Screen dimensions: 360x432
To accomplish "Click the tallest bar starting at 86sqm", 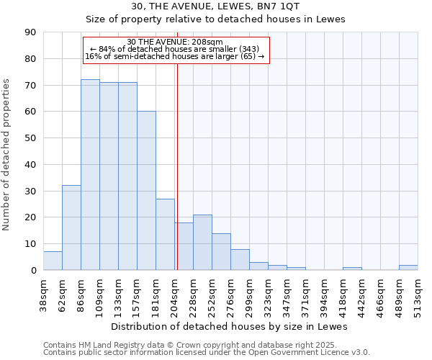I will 90,175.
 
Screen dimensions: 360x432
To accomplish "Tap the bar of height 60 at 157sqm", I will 146,191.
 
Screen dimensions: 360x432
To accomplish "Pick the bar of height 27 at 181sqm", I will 165,234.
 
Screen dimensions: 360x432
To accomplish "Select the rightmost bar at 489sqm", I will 408,267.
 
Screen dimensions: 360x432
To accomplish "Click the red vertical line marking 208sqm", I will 177,166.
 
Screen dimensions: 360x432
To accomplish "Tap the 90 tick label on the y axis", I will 30,32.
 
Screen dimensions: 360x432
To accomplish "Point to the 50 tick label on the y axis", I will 30,138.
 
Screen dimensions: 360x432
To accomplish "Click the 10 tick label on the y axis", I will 30,244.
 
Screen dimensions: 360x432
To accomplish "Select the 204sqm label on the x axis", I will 174,294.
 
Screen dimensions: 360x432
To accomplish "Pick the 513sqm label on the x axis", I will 418,294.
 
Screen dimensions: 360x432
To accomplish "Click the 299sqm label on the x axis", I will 249,294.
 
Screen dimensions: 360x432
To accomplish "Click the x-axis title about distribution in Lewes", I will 230,326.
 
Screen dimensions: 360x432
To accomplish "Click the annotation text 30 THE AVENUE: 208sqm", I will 175,42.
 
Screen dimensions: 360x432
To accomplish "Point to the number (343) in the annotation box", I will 246,49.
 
